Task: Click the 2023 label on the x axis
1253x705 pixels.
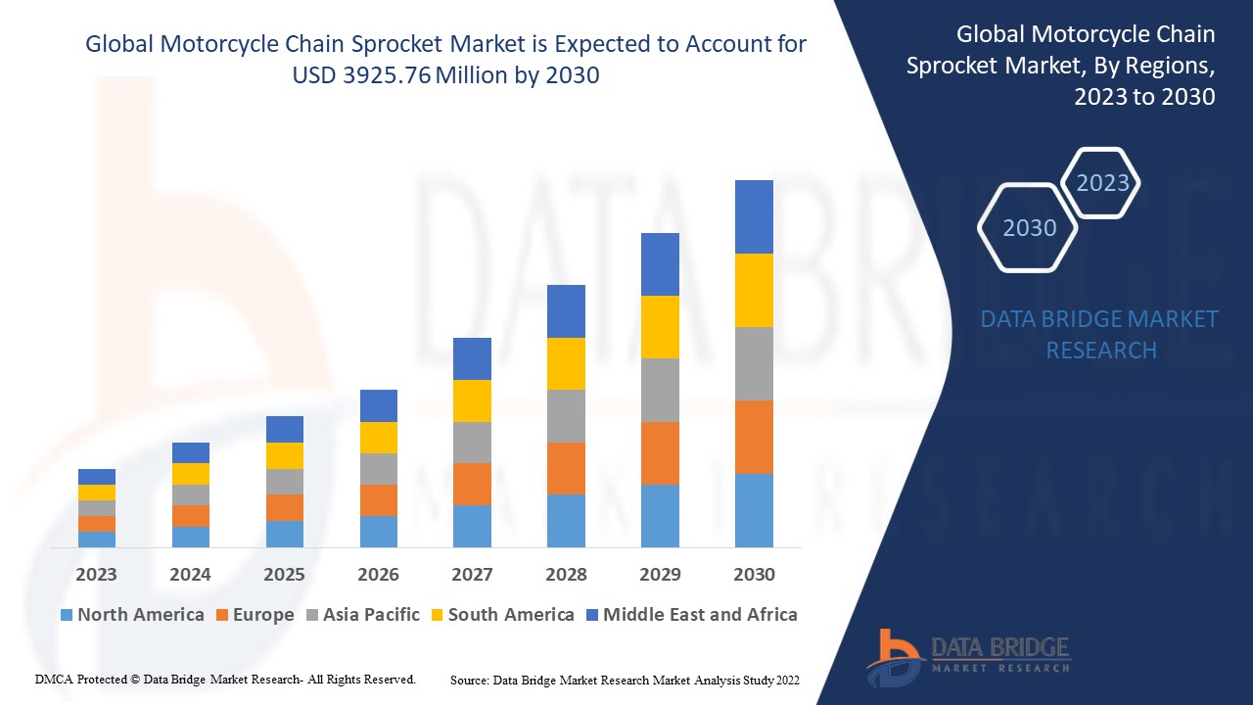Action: tap(96, 574)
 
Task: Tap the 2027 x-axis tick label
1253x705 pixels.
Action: tap(472, 574)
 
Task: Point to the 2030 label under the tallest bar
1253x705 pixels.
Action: tap(754, 574)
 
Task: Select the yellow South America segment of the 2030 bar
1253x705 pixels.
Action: tap(754, 290)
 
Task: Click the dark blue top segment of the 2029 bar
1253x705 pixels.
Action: tap(660, 264)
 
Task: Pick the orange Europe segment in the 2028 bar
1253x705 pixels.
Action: tap(566, 468)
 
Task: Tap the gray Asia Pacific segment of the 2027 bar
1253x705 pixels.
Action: tap(472, 443)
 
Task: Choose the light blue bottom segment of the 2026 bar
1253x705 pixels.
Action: tap(378, 531)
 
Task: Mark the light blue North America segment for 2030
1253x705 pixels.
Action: tap(754, 510)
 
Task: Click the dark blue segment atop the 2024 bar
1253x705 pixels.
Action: tap(190, 452)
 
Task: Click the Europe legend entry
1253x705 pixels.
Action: tap(254, 615)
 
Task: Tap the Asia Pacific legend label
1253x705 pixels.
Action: tap(362, 615)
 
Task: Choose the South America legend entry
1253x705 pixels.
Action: tap(501, 615)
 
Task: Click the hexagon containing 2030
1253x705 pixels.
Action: tap(1029, 228)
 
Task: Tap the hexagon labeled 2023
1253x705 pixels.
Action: tap(1101, 183)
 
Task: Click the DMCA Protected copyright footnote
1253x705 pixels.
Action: tap(225, 679)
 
